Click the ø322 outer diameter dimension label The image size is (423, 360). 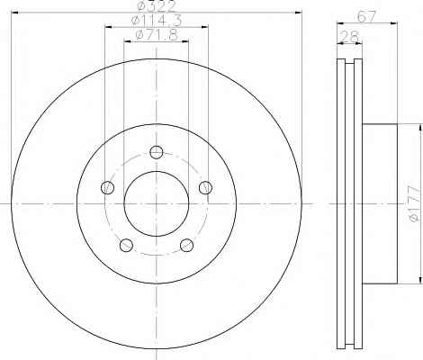(x=156, y=6)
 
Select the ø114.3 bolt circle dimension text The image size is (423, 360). (x=157, y=21)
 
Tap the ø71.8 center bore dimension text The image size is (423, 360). (x=157, y=35)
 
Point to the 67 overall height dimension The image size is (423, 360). (x=366, y=16)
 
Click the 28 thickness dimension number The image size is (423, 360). (x=350, y=37)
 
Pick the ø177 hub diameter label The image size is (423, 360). (x=414, y=203)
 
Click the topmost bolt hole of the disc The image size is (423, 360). (x=157, y=152)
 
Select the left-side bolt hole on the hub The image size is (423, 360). (x=108, y=187)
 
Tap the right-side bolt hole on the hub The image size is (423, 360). (x=205, y=187)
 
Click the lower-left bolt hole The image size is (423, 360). (x=126, y=245)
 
